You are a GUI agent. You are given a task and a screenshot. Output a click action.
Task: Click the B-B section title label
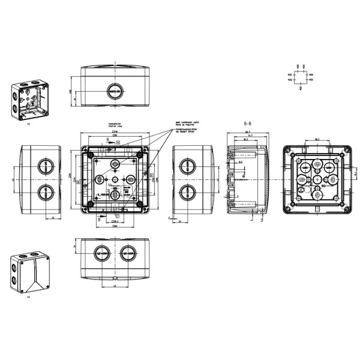[247, 122]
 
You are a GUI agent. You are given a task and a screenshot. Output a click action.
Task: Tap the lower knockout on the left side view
[43, 192]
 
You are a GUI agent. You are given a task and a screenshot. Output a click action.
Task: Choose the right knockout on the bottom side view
[128, 253]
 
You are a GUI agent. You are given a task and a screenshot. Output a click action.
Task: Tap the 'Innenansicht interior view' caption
[115, 125]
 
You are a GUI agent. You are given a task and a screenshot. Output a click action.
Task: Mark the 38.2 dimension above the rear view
[316, 139]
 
